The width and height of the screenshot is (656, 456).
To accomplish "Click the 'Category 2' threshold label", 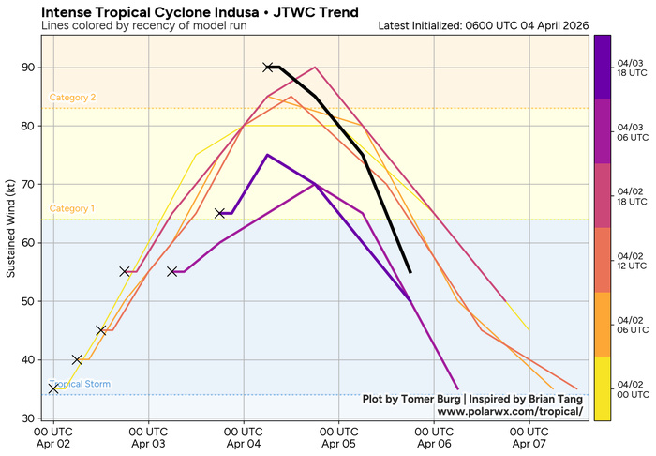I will point(72,98).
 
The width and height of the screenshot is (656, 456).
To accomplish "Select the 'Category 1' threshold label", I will point(72,208).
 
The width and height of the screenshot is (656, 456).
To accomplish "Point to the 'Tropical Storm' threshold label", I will point(80,384).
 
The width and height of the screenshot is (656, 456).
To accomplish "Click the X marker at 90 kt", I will point(268,68).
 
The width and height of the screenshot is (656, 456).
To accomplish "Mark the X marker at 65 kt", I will point(220,213).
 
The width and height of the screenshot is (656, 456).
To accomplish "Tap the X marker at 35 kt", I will point(53,388).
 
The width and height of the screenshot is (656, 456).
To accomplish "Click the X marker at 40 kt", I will point(77,359).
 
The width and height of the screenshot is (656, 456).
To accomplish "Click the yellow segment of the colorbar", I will point(604,388).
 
